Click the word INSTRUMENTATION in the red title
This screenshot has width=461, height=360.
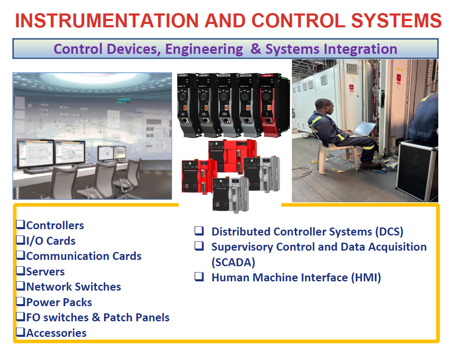point(107,21)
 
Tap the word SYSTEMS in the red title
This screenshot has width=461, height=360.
point(396,21)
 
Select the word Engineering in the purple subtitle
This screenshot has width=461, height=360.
point(204,49)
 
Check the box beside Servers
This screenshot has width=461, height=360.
point(21,270)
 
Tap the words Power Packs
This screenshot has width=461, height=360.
point(59,302)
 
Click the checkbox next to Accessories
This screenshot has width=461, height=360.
point(21,332)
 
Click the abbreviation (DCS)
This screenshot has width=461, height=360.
point(389,232)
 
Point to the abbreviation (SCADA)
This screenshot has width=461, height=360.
point(233,262)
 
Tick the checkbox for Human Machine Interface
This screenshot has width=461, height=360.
point(199,277)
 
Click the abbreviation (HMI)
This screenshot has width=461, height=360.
point(366,278)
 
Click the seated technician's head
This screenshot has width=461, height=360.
point(324,107)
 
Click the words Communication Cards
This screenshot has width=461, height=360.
point(84,256)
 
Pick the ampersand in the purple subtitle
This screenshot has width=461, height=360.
point(256,49)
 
